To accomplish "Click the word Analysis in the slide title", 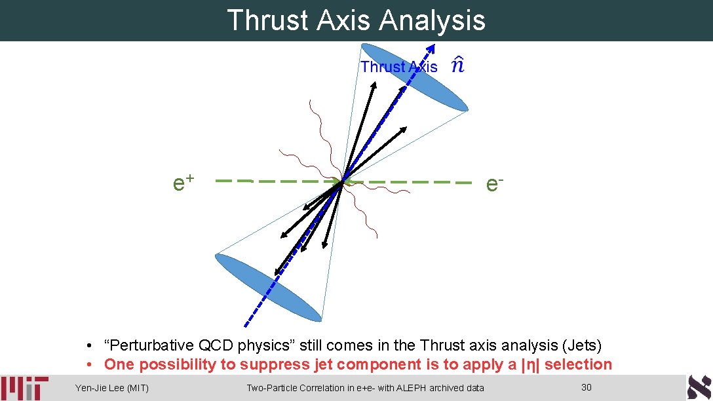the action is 432,20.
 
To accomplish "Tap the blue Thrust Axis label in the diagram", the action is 398,67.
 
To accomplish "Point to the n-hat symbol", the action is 458,65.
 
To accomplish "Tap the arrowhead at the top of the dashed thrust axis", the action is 431,48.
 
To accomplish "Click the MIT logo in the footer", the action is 24,388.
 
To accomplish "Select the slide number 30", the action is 587,387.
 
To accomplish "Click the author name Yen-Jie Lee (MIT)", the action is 112,388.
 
